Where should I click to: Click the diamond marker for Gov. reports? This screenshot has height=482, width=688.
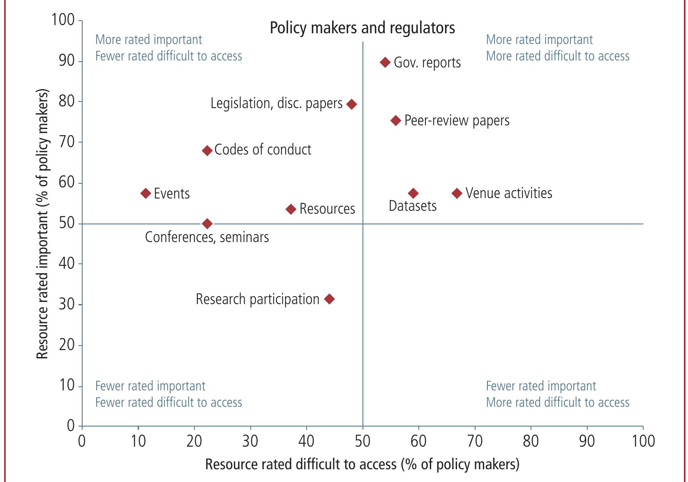click(x=385, y=62)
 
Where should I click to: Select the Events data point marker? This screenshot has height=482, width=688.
click(x=146, y=193)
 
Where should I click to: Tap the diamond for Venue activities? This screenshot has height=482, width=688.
click(x=457, y=193)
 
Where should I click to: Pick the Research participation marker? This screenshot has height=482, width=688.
click(x=329, y=299)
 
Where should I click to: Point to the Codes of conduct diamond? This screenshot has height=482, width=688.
click(x=207, y=151)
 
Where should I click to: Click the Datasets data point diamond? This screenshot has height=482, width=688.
click(x=413, y=193)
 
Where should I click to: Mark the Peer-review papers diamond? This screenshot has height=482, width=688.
click(x=395, y=120)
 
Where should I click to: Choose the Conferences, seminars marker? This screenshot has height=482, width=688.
click(x=207, y=224)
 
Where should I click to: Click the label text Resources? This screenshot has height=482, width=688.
click(x=327, y=209)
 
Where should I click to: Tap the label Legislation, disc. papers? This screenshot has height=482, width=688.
click(x=276, y=104)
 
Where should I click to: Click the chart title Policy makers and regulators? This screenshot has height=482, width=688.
click(x=362, y=28)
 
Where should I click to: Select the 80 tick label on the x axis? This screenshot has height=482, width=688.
click(x=531, y=441)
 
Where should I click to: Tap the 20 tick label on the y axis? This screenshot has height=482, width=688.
click(x=66, y=345)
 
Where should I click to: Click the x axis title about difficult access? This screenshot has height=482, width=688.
click(x=362, y=464)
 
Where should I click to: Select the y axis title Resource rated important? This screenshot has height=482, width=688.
click(x=42, y=224)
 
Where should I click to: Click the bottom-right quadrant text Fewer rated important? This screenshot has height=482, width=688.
click(x=541, y=386)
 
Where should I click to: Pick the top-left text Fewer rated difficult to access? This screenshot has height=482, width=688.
click(x=169, y=56)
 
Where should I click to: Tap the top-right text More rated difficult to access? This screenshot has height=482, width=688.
click(x=558, y=56)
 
